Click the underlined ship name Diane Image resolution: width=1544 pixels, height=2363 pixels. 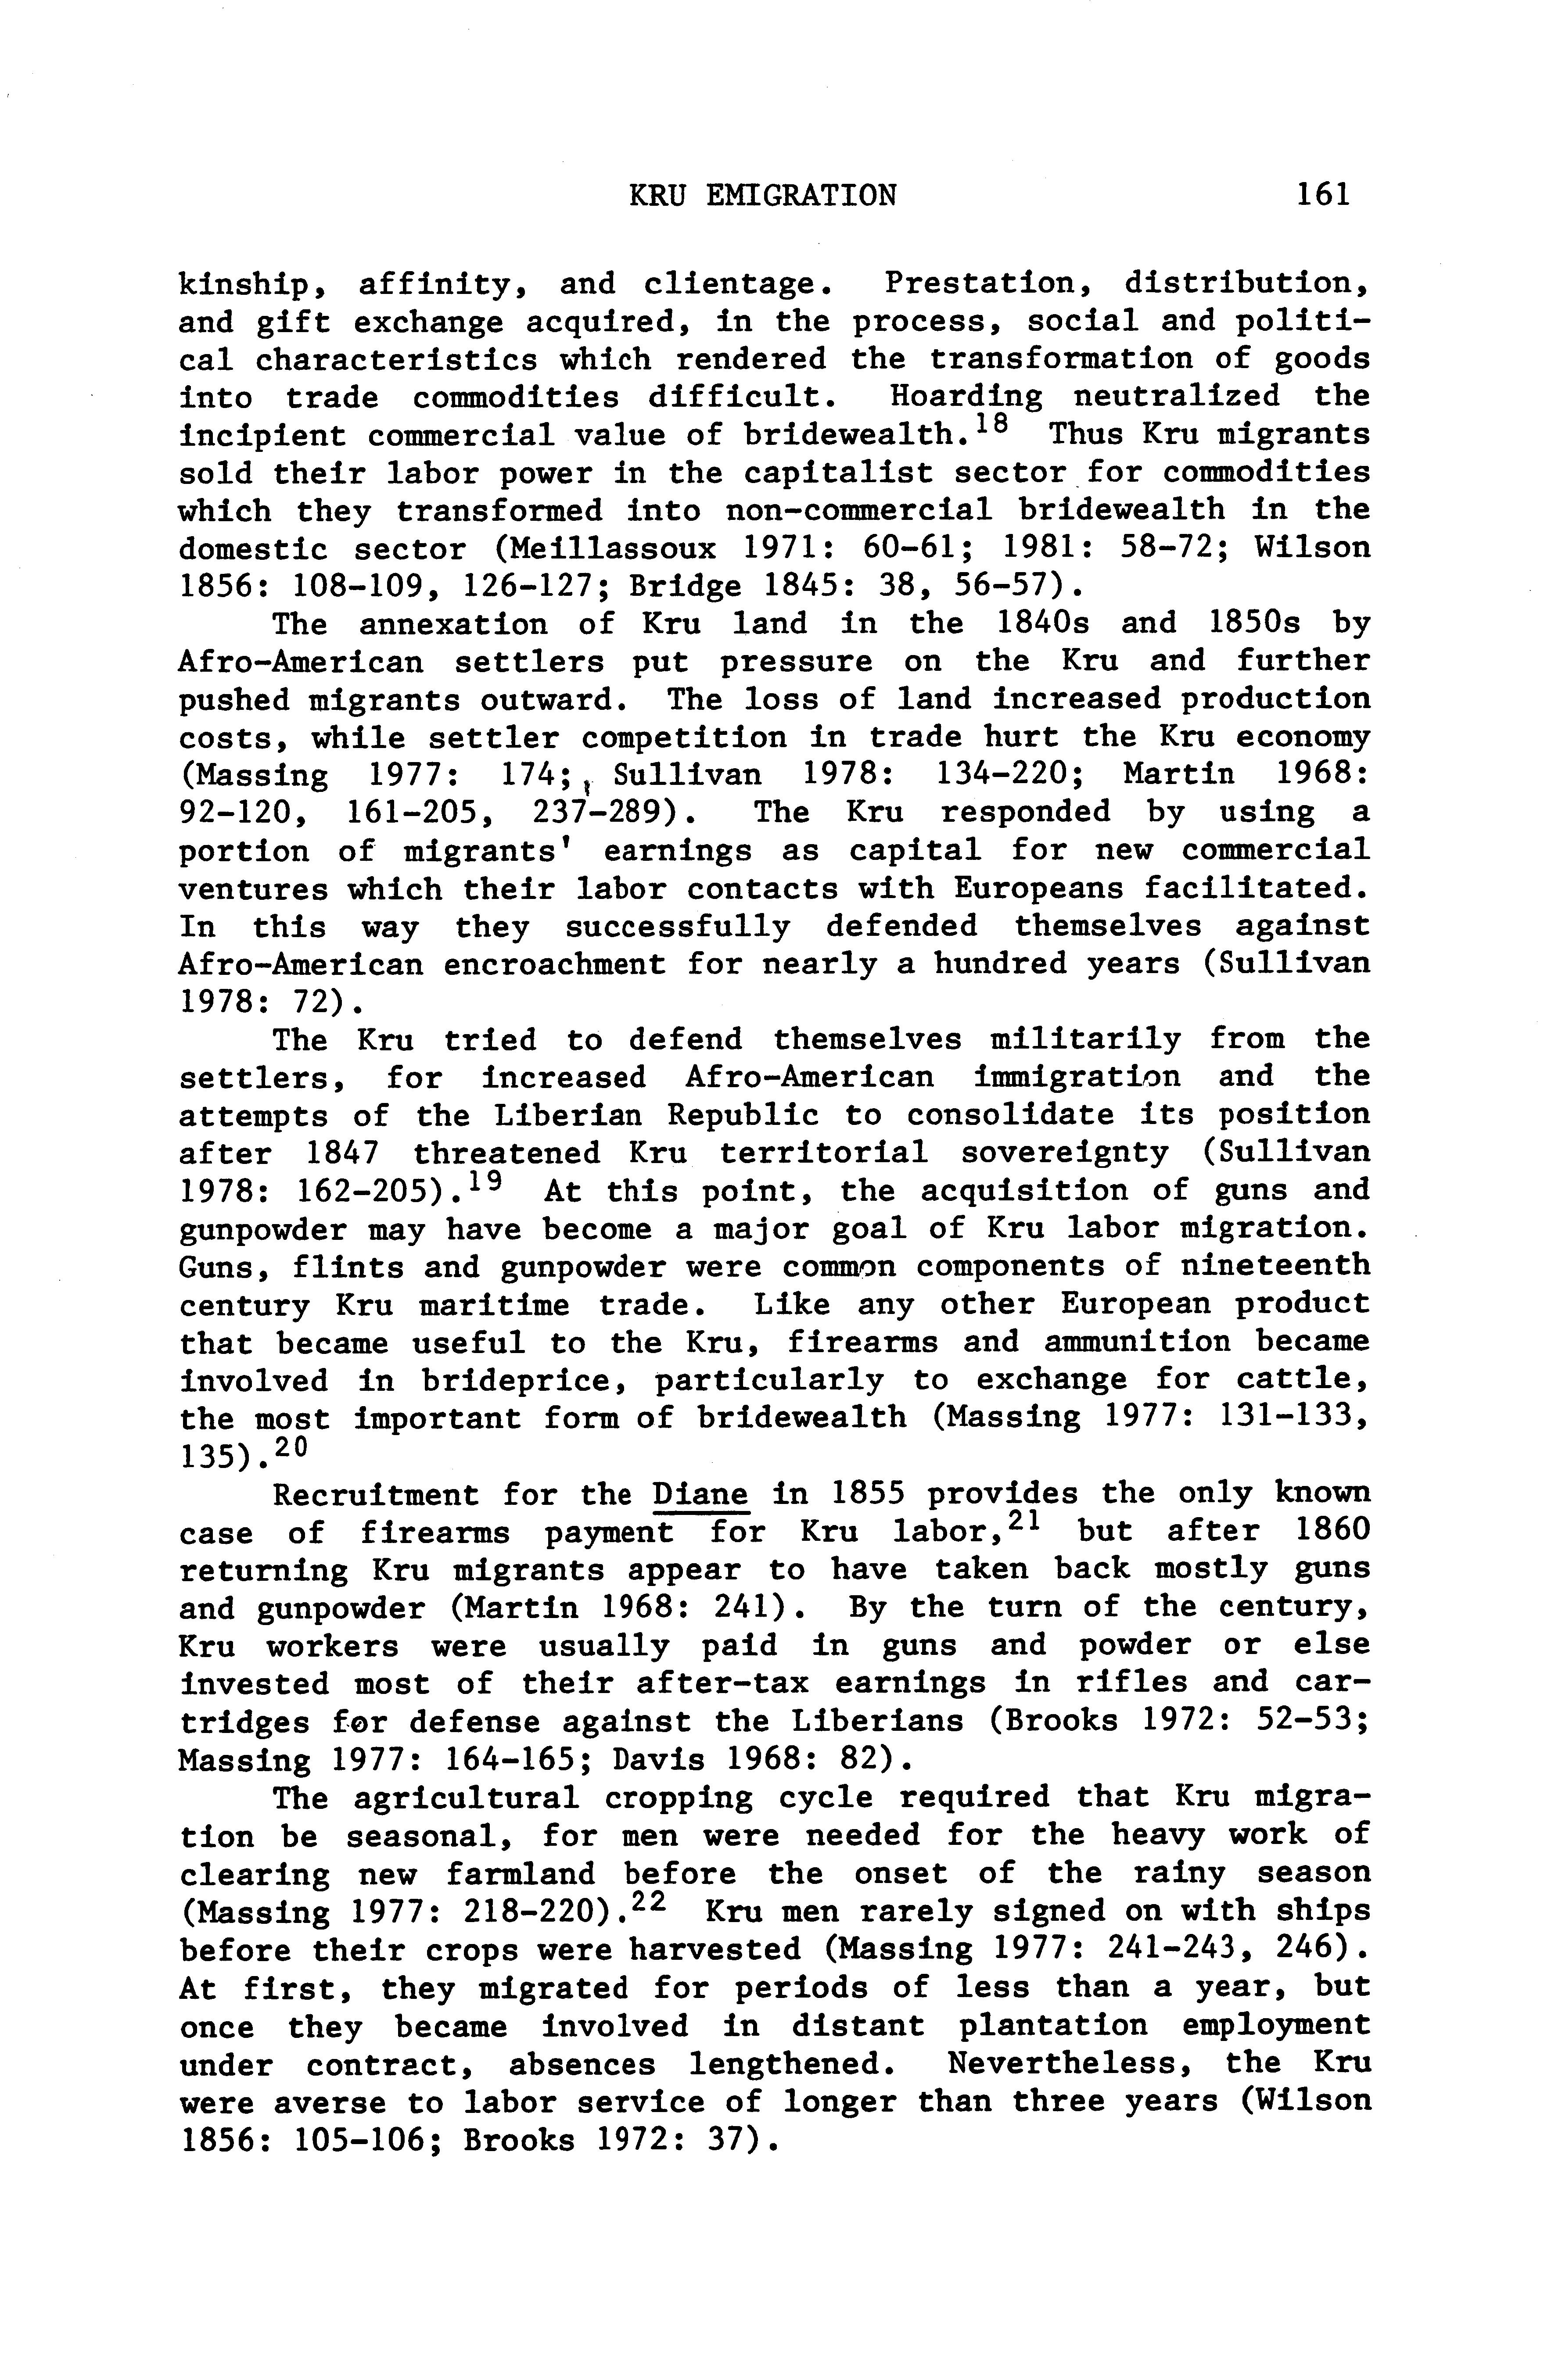pyautogui.click(x=700, y=1494)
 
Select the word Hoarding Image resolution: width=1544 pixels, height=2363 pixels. pyautogui.click(x=966, y=397)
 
